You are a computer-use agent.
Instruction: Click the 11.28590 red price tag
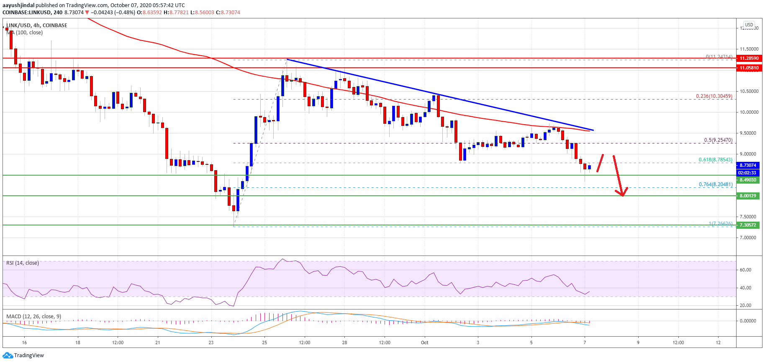[748, 59]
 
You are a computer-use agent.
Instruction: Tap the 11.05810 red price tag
[748, 68]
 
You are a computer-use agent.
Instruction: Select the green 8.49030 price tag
[747, 180]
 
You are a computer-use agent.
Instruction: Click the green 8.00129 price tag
[747, 196]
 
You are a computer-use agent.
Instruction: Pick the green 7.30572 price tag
[747, 225]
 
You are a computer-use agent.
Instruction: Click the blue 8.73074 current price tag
[747, 165]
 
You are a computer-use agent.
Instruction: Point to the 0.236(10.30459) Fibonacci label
[714, 96]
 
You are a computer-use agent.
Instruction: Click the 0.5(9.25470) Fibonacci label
[718, 140]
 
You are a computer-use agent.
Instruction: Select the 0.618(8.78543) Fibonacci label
[715, 160]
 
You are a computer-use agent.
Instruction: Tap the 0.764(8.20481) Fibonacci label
[715, 184]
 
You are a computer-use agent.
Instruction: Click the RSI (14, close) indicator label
[23, 263]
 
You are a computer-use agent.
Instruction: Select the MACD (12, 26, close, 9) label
[33, 317]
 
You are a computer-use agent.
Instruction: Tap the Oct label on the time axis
[424, 343]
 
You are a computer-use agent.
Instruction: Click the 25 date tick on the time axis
[264, 343]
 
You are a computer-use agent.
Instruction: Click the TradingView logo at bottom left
[23, 355]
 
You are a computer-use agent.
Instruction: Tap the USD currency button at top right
[749, 25]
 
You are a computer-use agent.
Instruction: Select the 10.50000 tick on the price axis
[749, 91]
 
